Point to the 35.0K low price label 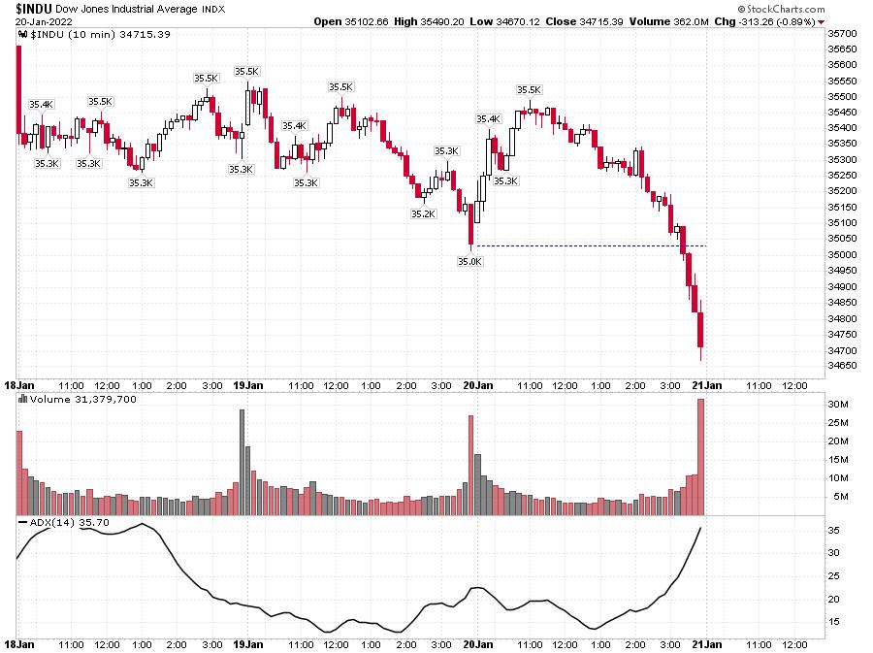coord(469,260)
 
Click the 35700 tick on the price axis coord(840,33)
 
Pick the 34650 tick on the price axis coord(840,366)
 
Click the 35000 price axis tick coord(840,255)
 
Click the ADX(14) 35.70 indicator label coord(67,523)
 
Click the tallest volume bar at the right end coord(700,456)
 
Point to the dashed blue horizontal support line coord(582,245)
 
